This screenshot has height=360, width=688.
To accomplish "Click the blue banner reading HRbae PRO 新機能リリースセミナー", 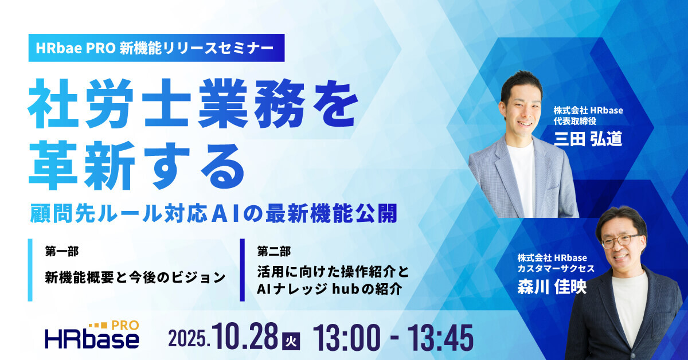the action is tap(157, 48).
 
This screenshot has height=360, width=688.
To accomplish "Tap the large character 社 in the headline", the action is tap(53, 103).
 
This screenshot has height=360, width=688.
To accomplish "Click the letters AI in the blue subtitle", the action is tap(226, 213).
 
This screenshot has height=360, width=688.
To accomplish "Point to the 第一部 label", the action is tap(62, 251).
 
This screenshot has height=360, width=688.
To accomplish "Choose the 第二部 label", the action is tap(274, 251).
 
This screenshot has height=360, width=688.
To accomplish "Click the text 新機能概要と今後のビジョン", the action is tap(135, 277).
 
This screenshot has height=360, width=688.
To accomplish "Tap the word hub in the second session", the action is tap(342, 289).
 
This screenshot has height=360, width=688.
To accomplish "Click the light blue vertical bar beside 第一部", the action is tap(30, 270).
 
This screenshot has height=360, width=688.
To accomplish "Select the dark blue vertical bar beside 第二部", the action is tap(243, 270).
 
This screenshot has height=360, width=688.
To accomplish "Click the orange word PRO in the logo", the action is tap(125, 325).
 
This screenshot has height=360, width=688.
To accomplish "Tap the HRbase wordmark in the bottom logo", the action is tap(92, 339).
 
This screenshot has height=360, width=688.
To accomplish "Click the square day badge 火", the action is tap(291, 342).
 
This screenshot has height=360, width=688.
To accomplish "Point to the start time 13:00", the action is tap(347, 337).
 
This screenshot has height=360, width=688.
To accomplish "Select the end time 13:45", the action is tap(440, 337).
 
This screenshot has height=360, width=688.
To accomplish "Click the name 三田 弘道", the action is tap(588, 139).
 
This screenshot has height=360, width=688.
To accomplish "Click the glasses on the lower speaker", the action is tap(621, 241).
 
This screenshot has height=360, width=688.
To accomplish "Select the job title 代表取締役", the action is tap(575, 121).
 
